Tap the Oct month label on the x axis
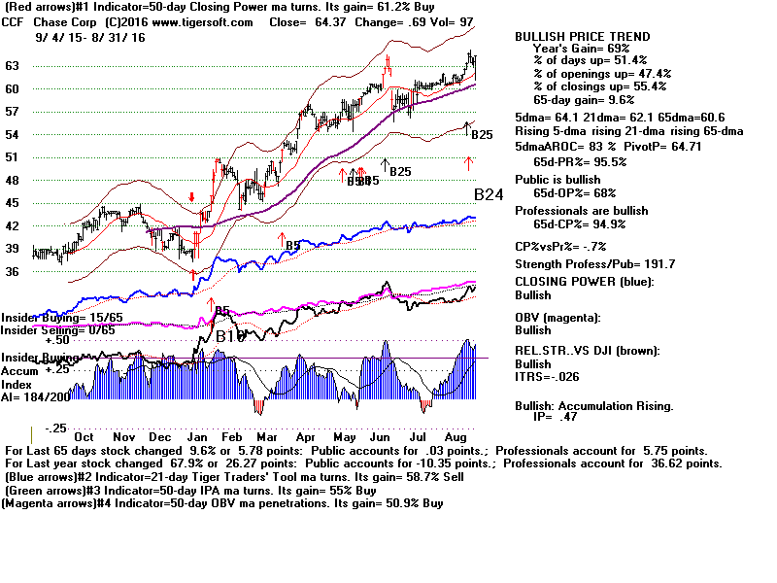click(84, 438)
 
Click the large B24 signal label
click(489, 194)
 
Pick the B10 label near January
click(230, 336)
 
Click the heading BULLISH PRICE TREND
click(582, 37)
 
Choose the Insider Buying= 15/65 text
click(53, 317)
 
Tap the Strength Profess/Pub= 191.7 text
click(594, 264)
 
